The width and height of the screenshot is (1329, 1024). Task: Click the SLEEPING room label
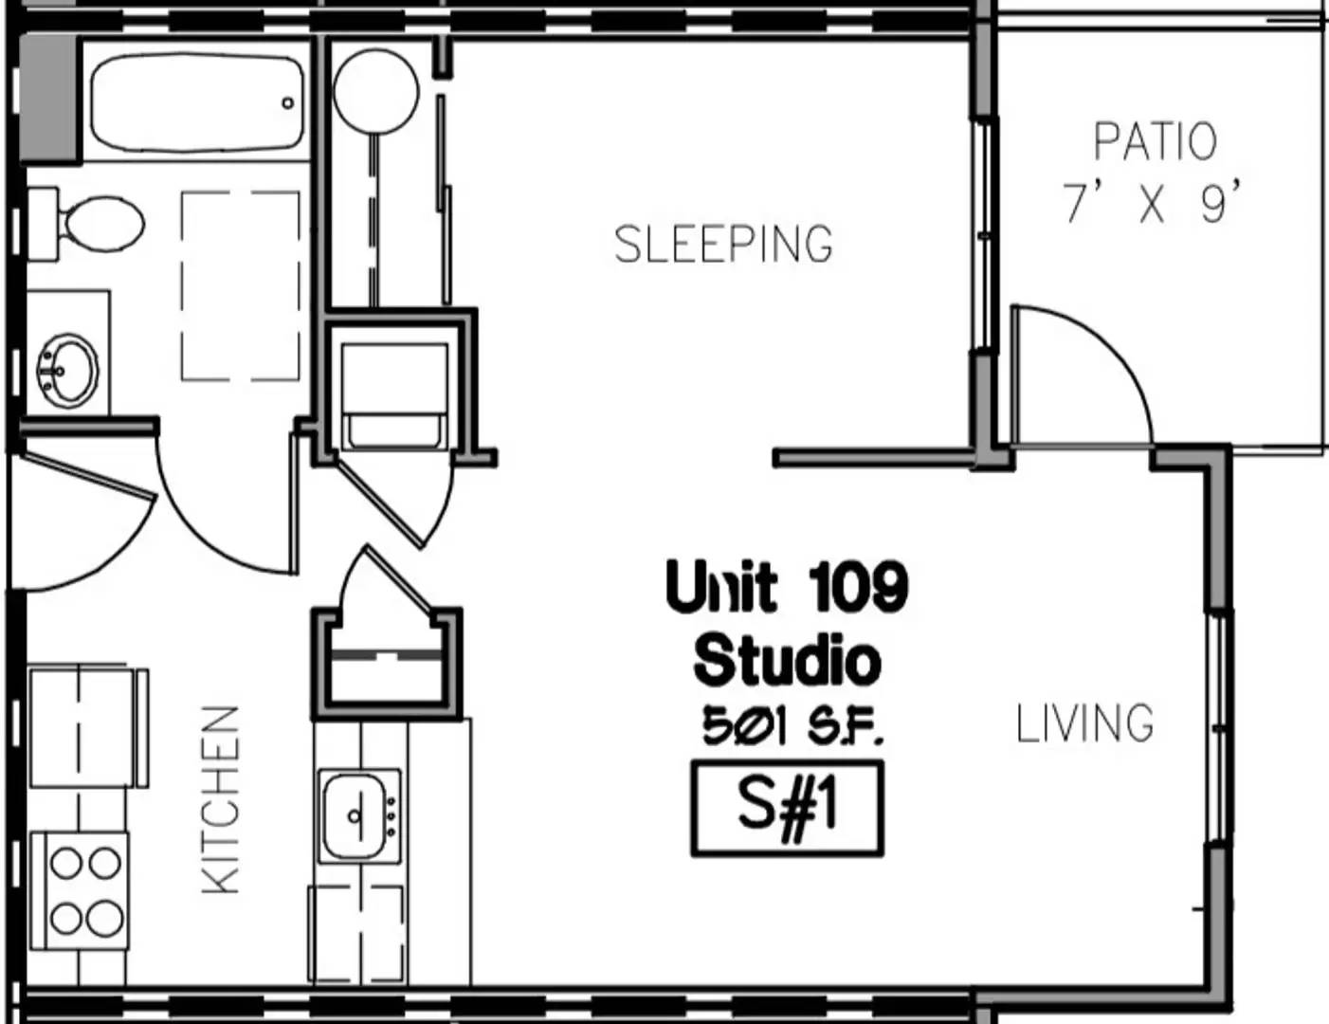(723, 244)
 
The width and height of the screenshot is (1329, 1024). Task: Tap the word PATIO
(1155, 142)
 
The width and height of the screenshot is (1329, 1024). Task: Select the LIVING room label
(1084, 723)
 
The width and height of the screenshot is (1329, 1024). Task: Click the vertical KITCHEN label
(220, 800)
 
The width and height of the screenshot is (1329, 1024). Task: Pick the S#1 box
(787, 808)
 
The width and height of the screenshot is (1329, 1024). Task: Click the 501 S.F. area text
(792, 726)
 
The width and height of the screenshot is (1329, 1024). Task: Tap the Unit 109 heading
(787, 587)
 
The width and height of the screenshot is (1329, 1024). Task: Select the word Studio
(787, 661)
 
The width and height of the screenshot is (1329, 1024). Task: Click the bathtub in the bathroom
(197, 102)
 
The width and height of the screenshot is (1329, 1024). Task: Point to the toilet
(85, 224)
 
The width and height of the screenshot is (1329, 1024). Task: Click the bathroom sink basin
(67, 371)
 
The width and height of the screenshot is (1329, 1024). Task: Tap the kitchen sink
(359, 815)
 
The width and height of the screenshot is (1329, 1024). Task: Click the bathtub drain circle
(288, 103)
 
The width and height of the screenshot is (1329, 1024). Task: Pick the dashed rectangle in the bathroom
(241, 285)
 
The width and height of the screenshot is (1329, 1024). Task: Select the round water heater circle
(376, 92)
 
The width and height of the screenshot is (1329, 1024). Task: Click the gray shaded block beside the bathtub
(51, 100)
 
